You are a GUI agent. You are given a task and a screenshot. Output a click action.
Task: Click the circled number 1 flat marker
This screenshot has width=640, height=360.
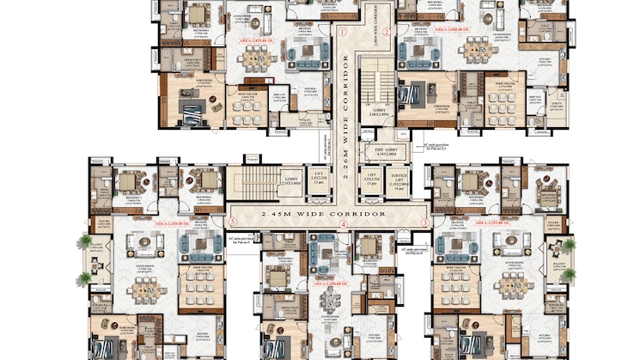pyautogui.click(x=342, y=32)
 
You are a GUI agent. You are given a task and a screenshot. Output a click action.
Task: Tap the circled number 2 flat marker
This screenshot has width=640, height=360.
pyautogui.click(x=387, y=32)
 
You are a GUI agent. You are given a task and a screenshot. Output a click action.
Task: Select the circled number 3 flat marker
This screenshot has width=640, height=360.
pyautogui.click(x=424, y=223)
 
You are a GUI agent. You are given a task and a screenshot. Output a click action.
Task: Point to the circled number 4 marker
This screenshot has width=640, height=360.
pyautogui.click(x=344, y=224)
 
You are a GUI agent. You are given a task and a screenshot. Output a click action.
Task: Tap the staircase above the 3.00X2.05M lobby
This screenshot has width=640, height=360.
pyautogui.click(x=373, y=81)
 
